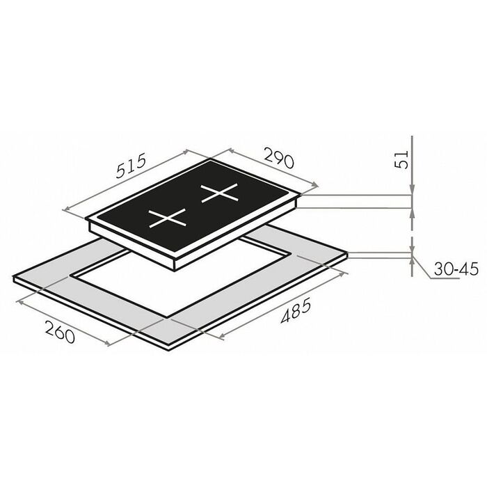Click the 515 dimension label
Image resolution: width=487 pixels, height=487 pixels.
[131, 166]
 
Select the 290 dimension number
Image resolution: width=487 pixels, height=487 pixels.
[278, 158]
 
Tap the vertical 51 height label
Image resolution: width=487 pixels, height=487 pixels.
[401, 159]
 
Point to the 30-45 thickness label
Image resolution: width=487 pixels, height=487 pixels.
[456, 269]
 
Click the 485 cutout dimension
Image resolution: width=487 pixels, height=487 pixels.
[296, 310]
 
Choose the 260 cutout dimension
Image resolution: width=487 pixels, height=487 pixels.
[60, 332]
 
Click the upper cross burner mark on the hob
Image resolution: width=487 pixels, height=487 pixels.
[220, 193]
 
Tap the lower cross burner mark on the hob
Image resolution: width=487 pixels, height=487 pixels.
[168, 218]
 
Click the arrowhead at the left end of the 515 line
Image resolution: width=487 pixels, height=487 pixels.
[65, 209]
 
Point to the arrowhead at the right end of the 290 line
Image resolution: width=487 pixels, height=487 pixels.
[315, 185]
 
